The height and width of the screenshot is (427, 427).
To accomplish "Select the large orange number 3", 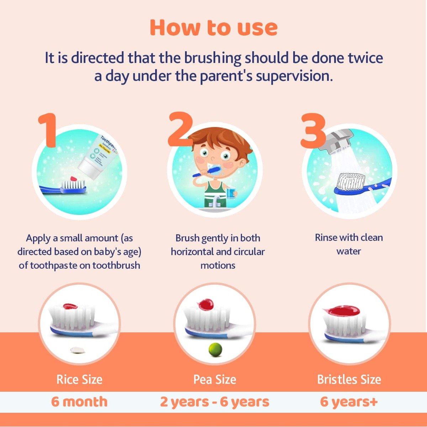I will (x=313, y=131).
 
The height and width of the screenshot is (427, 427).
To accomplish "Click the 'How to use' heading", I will (x=213, y=28).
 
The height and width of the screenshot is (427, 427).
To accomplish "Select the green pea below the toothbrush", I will (x=215, y=349).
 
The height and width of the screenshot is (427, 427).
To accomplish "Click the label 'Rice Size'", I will (x=79, y=379).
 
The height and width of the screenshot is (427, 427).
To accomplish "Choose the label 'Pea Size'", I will (x=215, y=379).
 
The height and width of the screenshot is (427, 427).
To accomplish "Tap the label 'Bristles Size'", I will (x=349, y=379).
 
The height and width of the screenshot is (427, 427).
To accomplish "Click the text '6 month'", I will (x=79, y=402).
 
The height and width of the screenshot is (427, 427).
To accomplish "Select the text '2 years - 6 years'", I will (x=215, y=402).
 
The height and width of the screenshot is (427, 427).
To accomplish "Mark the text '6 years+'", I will (x=349, y=402).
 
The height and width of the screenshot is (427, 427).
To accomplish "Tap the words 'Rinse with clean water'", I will (x=349, y=244).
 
